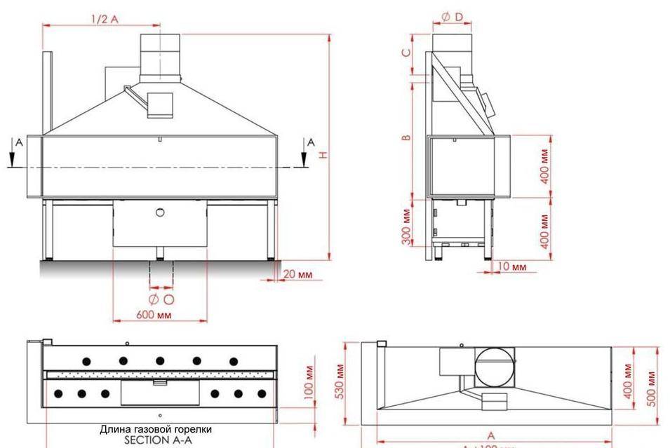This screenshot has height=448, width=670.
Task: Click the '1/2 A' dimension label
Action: [105, 19]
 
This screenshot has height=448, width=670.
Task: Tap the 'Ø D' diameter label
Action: [452, 17]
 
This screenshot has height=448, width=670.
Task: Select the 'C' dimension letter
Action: [406, 53]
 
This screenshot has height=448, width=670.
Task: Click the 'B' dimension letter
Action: [406, 137]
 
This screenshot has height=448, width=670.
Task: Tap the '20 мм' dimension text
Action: [297, 274]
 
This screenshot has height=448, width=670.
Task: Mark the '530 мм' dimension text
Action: [339, 381]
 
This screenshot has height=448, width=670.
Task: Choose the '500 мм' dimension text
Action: [652, 387]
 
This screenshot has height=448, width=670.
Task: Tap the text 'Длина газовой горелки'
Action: [156, 429]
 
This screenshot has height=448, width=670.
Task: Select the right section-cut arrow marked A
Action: [305, 152]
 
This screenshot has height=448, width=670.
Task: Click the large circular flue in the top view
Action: [495, 366]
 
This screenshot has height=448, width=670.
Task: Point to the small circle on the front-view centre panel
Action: [160, 212]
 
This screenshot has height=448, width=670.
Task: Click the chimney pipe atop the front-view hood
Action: [161, 56]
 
